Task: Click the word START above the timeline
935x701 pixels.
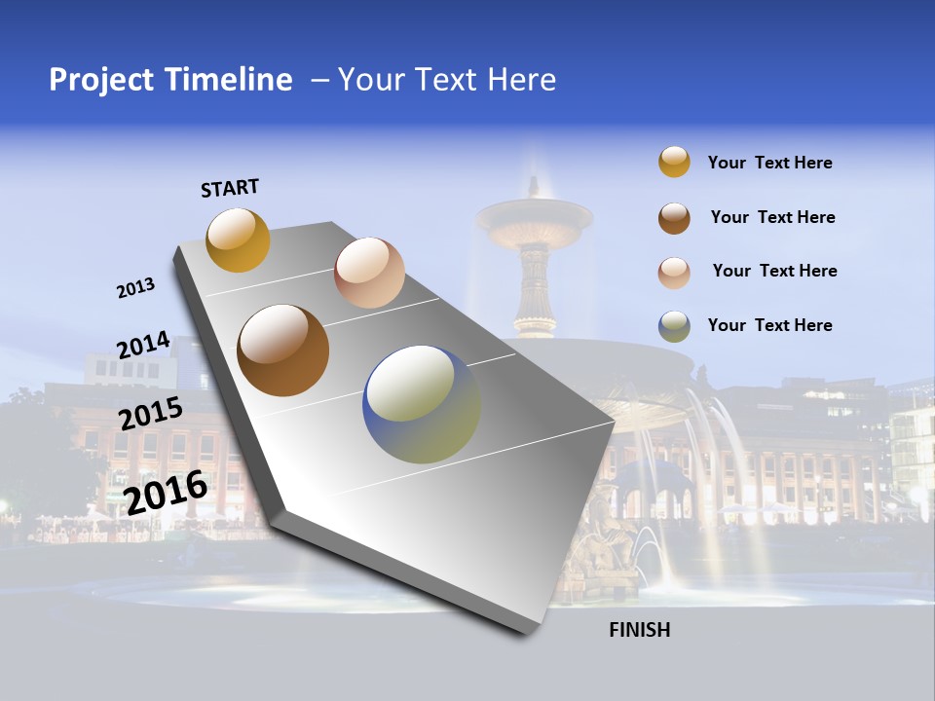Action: (x=230, y=188)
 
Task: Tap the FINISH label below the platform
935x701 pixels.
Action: (x=640, y=630)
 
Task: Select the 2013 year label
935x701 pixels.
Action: (x=135, y=288)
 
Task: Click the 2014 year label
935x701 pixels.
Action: (x=143, y=346)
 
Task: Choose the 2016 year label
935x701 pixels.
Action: (x=166, y=493)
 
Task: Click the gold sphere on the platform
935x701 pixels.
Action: (x=238, y=240)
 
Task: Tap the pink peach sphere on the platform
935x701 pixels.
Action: (x=369, y=273)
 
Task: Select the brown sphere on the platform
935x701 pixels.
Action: (x=282, y=350)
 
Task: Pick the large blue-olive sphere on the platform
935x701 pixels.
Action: (x=421, y=404)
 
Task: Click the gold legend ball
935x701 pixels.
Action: (x=674, y=163)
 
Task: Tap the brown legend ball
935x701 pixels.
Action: (x=674, y=218)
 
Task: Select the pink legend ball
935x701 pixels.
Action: (x=674, y=273)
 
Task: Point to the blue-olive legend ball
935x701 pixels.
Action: (x=674, y=326)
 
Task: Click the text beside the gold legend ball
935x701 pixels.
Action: (x=769, y=163)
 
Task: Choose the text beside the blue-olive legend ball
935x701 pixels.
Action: (x=769, y=325)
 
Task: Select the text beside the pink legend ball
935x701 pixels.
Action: (x=774, y=271)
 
